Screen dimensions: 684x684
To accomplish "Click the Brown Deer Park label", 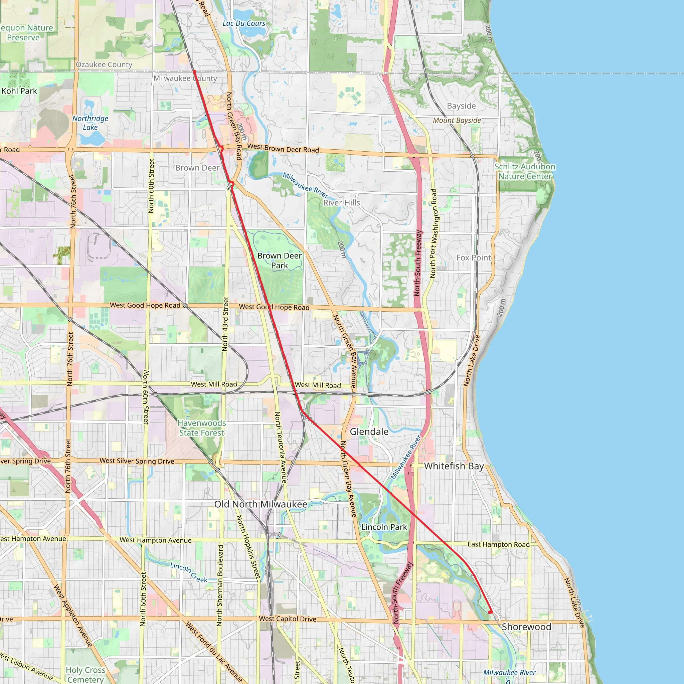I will pos(279,261).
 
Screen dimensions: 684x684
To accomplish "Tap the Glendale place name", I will pos(369,432).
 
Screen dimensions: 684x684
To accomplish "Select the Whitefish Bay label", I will pos(454,466).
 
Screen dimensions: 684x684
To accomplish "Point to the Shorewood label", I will pos(526,627).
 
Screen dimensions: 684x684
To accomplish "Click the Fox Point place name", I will pos(473,258).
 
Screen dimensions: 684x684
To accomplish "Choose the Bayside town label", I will pos(461,106).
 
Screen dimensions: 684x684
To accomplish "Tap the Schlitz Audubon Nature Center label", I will pos(525,171).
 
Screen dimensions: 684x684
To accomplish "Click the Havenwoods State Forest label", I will pos(201,428).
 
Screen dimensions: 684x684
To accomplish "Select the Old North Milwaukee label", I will pos(261,504).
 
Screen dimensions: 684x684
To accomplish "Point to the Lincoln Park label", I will pos(384,527).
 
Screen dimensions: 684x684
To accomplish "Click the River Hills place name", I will pos(341,202).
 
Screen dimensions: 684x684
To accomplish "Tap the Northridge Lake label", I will pos(90,123).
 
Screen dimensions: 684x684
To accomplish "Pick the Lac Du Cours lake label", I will pos(243,23).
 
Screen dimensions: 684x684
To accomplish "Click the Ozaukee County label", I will pos(104,64).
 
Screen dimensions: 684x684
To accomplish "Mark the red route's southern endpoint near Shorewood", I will pos(490,612).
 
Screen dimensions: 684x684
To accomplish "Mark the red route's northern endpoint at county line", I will pos(194,72).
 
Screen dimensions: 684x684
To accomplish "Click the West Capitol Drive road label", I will pos(288,619).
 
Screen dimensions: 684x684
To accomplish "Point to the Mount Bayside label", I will pos(457,120).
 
